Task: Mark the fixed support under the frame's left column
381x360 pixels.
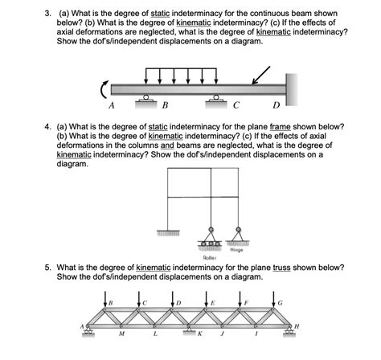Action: [168, 231]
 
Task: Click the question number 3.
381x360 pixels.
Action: [47, 15]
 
